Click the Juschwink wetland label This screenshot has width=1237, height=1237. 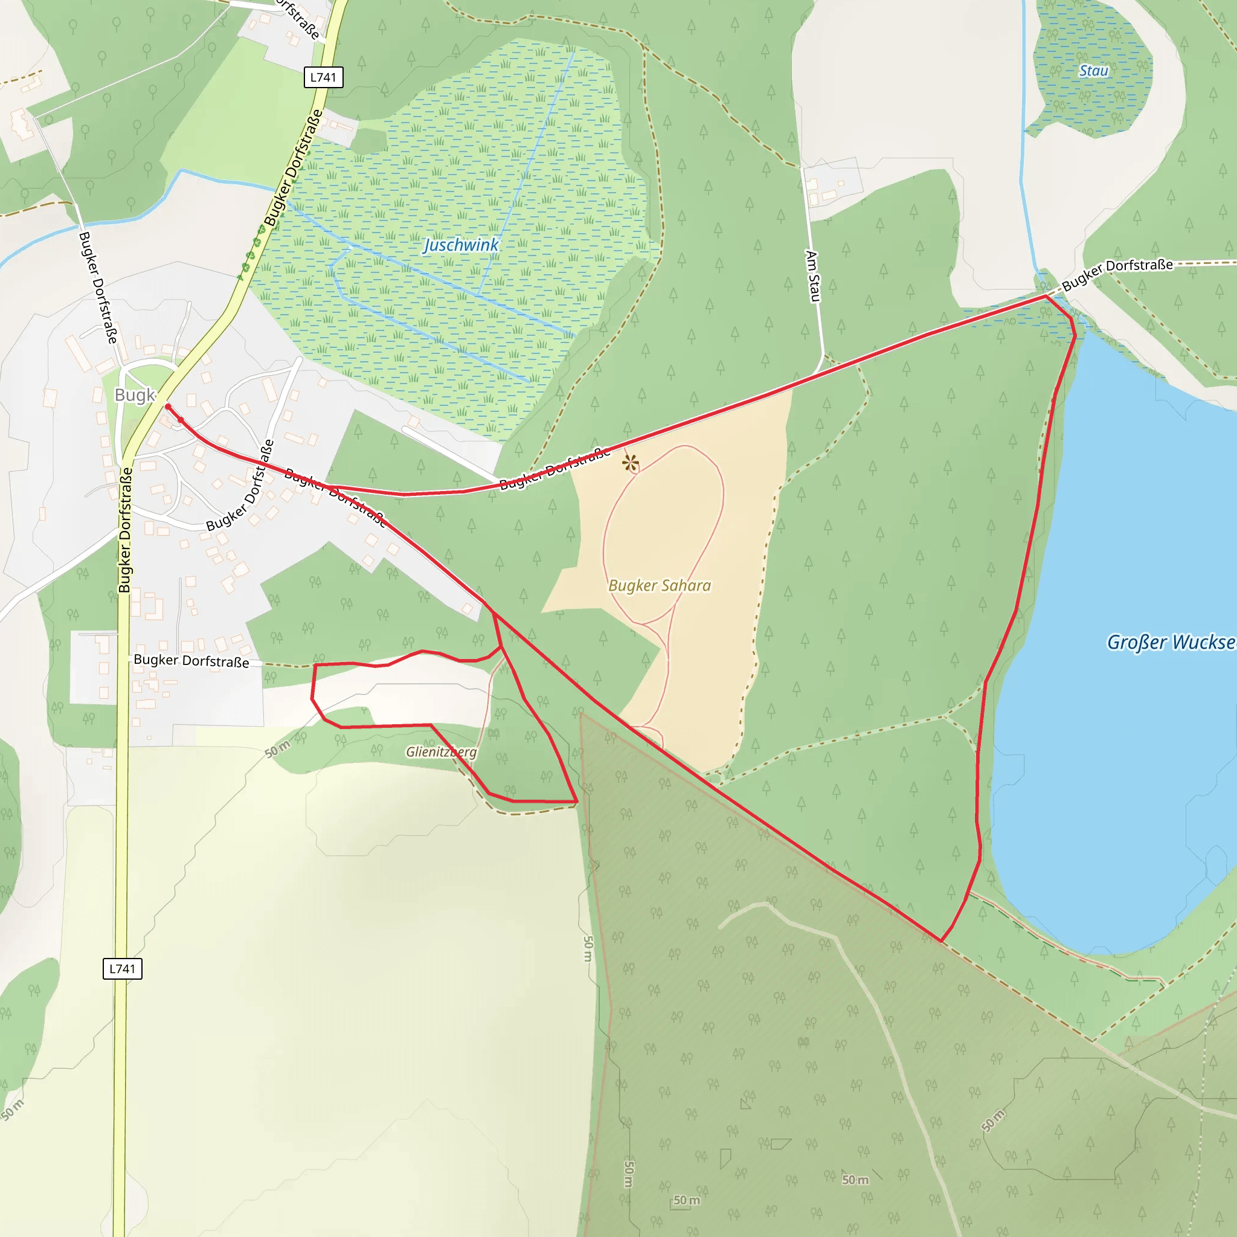pyautogui.click(x=461, y=245)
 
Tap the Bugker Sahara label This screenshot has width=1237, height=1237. pyautogui.click(x=660, y=585)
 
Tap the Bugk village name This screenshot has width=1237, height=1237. pyautogui.click(x=135, y=395)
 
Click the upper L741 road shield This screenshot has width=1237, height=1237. pyautogui.click(x=323, y=77)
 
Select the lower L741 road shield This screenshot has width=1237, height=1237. pyautogui.click(x=122, y=968)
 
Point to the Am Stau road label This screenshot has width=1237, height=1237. pyautogui.click(x=812, y=276)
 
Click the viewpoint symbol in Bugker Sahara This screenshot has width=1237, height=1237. pyautogui.click(x=631, y=462)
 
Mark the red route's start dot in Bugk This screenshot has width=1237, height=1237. pyautogui.click(x=168, y=406)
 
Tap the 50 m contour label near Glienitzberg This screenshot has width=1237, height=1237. pyautogui.click(x=277, y=748)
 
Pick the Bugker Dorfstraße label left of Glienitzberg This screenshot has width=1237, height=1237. pyautogui.click(x=191, y=661)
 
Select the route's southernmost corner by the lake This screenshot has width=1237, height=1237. pyautogui.click(x=940, y=940)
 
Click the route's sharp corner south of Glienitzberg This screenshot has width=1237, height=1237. pyautogui.click(x=576, y=801)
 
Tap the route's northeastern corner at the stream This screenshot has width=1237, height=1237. pyautogui.click(x=1046, y=297)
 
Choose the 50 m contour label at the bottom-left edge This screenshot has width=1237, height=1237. pyautogui.click(x=12, y=1109)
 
